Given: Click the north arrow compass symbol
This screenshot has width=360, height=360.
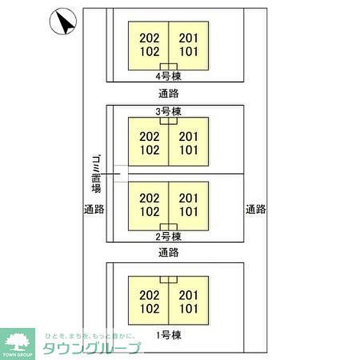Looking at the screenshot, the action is coord(63,22).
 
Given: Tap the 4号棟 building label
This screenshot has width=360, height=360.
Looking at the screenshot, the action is coord(169,77).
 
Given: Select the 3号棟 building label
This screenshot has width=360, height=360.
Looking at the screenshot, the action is coord(169,112).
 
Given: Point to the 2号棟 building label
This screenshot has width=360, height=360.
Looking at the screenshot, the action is coord(169,237).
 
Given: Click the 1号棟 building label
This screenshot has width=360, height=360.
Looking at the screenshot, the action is coord(169,335).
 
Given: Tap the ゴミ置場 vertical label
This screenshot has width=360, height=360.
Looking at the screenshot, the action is coord(96,174).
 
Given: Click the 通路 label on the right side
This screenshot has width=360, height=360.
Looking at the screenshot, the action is coord(256,209).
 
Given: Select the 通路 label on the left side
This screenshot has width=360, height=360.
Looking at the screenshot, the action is coord(94,209).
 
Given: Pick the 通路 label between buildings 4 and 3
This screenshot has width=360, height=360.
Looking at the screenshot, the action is coord(169,94).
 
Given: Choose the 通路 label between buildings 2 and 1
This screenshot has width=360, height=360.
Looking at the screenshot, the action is coord(169,253).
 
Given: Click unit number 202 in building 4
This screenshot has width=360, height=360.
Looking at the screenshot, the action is coord(150,38).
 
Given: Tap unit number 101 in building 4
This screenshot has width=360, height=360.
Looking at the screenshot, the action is coord(189,51).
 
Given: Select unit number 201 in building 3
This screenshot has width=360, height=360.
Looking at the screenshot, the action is coord(189,137).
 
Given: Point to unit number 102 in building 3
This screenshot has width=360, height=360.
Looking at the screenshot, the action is coord(150,150).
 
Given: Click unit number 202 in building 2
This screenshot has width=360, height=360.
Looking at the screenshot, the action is coord(150,198).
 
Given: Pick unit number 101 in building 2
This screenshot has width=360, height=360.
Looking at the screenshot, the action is coord(189,212).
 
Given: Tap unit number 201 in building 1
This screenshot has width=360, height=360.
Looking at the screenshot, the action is coord(189,295).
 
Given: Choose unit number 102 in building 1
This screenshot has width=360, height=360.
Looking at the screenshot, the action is coord(150,309).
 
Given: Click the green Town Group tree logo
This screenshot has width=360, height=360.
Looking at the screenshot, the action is coord(17,344).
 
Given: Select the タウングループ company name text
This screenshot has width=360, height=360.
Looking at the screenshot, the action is coord(92,348).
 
